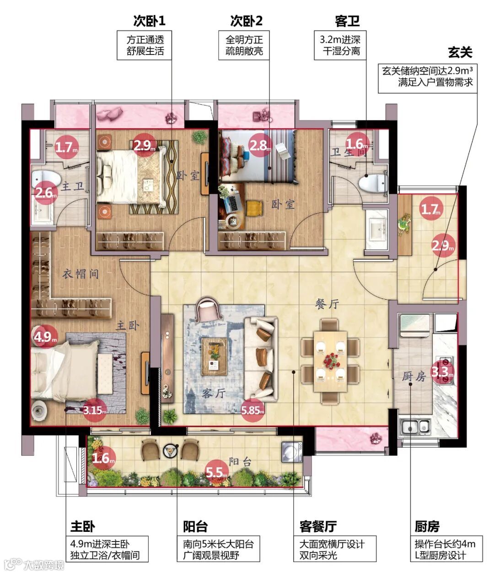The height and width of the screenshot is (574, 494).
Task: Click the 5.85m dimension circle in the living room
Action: point(252,410)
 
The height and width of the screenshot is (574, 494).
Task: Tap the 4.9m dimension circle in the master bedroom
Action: point(45,337)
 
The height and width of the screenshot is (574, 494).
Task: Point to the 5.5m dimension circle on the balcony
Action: point(216,472)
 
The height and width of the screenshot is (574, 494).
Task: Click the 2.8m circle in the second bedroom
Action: point(260,145)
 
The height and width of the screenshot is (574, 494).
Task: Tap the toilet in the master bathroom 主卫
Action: point(46,178)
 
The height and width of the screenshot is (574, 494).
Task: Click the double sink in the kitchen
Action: point(415,427)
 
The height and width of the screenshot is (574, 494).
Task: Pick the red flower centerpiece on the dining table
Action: point(330,361)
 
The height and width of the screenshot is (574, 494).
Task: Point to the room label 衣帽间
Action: point(81,274)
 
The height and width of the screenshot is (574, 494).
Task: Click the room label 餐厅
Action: point(328,304)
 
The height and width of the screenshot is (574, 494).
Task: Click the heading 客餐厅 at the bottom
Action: point(318,526)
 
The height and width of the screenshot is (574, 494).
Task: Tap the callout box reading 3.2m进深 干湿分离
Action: point(340,45)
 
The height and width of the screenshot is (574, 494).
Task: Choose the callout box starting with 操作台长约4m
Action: point(446,549)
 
